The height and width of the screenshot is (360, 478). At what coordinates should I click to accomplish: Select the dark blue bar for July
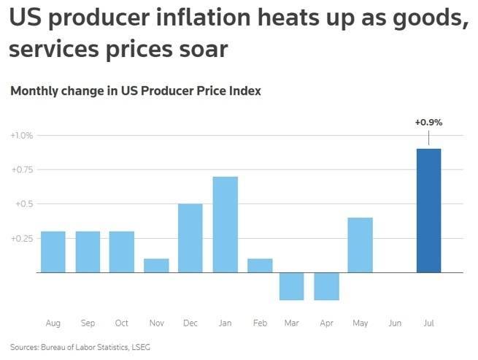tap(428, 210)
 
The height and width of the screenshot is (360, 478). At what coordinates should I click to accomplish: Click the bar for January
tap(225, 224)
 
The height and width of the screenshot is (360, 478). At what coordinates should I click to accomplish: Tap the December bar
tap(190, 238)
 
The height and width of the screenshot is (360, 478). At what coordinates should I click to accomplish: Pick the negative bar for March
tap(292, 286)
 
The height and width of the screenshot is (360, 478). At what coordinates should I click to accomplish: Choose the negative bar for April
tap(326, 286)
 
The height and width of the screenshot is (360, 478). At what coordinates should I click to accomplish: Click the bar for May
tap(361, 245)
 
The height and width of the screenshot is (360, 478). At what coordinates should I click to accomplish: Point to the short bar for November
tap(156, 266)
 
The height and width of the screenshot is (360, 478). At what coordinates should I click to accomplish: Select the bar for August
tap(53, 252)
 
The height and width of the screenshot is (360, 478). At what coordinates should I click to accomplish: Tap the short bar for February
tap(258, 266)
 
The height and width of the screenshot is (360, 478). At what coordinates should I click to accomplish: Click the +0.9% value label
tap(428, 123)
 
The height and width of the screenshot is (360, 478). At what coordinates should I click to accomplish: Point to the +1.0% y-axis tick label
tap(22, 136)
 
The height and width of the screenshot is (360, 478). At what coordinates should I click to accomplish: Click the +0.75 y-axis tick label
tap(22, 170)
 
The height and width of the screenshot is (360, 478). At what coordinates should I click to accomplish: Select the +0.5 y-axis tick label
tap(25, 204)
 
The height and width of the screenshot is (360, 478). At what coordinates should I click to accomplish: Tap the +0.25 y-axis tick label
tap(22, 238)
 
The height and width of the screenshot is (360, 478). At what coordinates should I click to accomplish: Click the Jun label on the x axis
tap(395, 323)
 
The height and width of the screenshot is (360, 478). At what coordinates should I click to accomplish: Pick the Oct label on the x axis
tap(122, 323)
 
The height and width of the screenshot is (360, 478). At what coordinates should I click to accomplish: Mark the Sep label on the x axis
tap(88, 323)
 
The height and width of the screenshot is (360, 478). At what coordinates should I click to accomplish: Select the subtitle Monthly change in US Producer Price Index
tap(136, 91)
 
